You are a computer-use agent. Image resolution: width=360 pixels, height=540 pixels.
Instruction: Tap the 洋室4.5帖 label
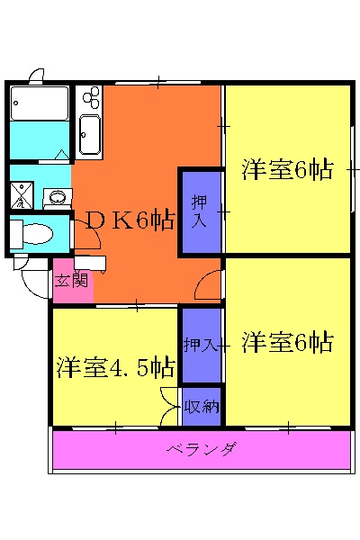point(116,367)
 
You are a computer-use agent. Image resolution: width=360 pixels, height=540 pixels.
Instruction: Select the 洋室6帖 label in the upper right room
point(288,170)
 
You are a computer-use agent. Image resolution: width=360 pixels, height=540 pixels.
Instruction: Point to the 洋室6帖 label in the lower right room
point(288,342)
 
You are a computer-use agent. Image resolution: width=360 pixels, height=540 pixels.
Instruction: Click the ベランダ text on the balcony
point(202,449)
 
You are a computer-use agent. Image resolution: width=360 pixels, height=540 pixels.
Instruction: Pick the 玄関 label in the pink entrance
point(71,280)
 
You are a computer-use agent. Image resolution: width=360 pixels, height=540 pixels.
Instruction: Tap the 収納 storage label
point(202,406)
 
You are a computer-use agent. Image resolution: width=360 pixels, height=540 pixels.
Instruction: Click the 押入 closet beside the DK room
point(202,209)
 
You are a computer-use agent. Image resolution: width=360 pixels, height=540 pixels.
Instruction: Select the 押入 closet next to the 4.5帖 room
point(201,345)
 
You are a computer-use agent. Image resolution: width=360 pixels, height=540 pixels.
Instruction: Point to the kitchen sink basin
point(91,135)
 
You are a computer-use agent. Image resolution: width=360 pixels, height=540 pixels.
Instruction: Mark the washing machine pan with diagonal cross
point(21,194)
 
